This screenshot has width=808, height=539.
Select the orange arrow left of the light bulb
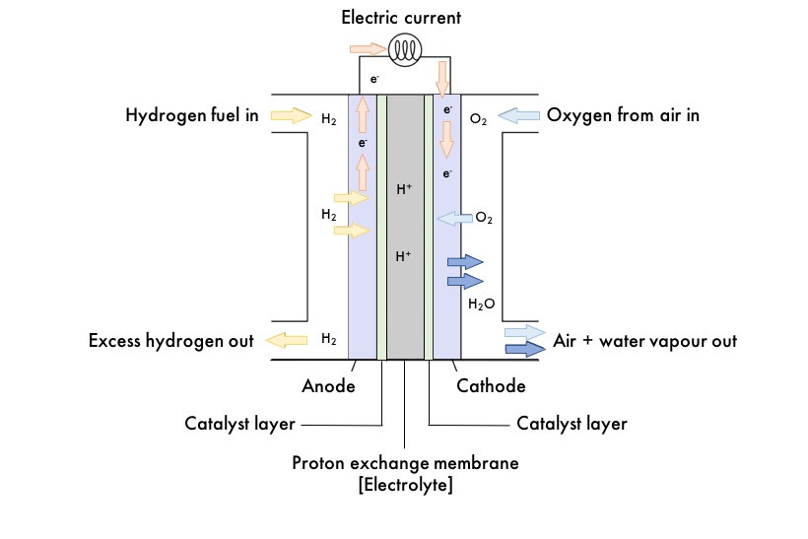368,48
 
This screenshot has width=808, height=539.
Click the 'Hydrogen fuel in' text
192,115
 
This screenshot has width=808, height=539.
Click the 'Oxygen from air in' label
623,115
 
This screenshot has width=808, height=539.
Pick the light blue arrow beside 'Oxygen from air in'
518,116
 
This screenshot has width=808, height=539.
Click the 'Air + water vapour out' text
646,341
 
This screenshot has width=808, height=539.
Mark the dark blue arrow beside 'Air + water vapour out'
525,349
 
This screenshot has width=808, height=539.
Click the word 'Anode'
328,386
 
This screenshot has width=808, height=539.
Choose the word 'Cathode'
491,386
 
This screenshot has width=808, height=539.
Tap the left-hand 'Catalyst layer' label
239,425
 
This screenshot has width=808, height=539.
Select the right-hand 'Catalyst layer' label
572,425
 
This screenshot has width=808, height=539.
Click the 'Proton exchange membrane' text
406,463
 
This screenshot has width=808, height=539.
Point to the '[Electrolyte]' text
406,485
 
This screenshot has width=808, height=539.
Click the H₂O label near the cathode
481,305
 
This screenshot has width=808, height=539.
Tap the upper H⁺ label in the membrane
404,189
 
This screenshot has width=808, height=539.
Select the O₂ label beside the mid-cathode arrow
484,218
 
